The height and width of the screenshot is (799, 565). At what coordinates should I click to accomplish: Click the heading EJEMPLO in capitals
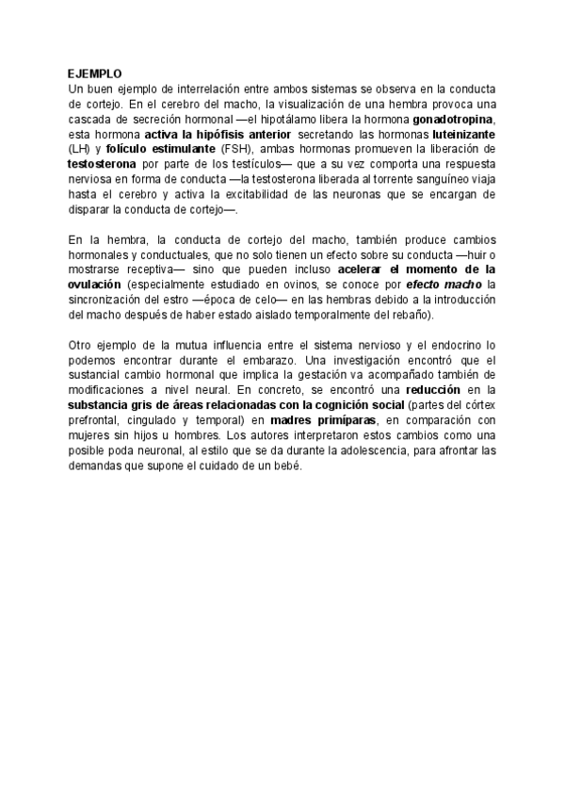95,73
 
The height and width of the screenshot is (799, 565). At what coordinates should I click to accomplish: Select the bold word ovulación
95,284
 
